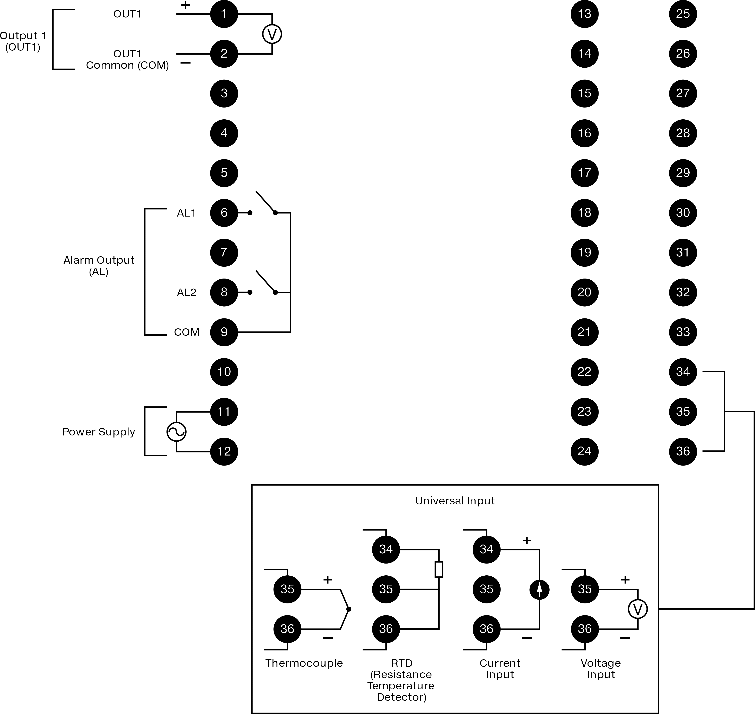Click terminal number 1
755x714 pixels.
[x=224, y=14]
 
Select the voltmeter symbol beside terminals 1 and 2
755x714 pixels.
[x=272, y=34]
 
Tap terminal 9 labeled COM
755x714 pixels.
[x=224, y=332]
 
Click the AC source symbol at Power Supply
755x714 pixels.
[x=176, y=432]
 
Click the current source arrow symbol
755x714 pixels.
[x=539, y=590]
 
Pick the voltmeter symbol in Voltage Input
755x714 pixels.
[x=637, y=609]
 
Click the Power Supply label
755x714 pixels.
[x=99, y=432]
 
